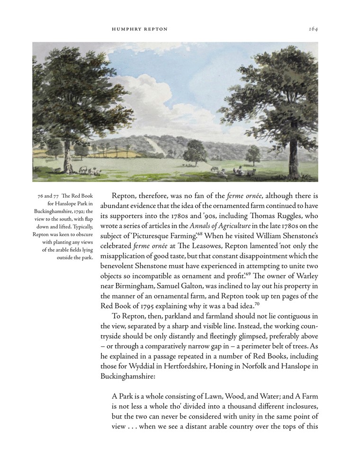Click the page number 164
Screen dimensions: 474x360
tap(313, 29)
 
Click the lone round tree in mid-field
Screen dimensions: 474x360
tap(194, 152)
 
